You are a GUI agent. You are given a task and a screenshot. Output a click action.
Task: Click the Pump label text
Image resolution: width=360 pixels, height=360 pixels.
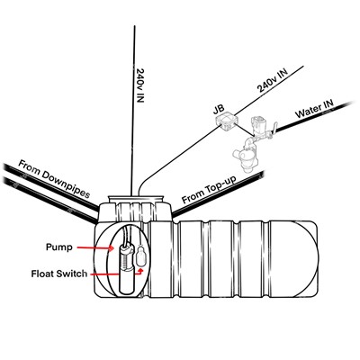pos(59,247)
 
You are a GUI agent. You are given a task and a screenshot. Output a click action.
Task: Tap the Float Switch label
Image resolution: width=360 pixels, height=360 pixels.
pos(59,274)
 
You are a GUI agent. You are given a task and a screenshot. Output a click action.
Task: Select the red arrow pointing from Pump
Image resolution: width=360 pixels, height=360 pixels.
pos(95,247)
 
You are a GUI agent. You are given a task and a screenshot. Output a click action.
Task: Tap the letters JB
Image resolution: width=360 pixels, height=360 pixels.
pos(219,110)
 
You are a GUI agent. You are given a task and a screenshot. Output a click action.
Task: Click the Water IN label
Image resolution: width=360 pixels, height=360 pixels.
pos(314,109)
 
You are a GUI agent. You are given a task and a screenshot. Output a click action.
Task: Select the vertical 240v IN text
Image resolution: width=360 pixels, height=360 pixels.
pos(140,85)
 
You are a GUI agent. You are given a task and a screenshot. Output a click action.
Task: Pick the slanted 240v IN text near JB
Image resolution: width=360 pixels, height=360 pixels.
pos(272,80)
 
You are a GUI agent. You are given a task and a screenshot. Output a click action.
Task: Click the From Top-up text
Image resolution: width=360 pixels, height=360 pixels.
pos(209,190)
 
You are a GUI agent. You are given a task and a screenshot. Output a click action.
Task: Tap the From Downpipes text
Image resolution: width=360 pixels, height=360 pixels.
pos(54,179)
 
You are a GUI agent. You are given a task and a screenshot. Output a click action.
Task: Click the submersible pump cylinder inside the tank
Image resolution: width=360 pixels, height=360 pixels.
pos(127,268)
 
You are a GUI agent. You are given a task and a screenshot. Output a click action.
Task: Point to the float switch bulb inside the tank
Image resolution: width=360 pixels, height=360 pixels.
pos(140,256)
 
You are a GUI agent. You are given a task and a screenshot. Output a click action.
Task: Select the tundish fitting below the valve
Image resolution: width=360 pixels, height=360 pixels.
pos(246,156)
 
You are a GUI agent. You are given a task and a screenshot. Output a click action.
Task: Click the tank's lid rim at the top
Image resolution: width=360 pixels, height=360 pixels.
pos(136,198)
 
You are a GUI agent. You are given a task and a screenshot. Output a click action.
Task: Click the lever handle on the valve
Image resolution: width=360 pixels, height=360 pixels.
pos(274,129)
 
